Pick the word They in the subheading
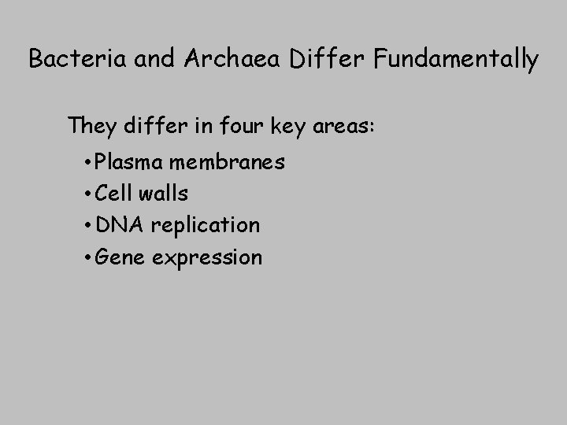click(93, 125)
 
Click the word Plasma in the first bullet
click(129, 163)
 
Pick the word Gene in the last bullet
click(119, 257)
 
